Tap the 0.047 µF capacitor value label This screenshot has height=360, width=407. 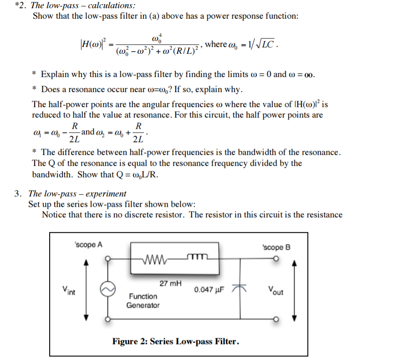click(209, 290)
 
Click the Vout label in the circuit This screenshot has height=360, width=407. click(275, 290)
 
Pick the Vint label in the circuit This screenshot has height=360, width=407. click(69, 290)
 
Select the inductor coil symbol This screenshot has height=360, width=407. click(198, 259)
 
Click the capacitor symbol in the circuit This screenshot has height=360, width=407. click(240, 288)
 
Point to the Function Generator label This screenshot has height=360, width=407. click(143, 301)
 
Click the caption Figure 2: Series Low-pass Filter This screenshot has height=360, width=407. click(176, 341)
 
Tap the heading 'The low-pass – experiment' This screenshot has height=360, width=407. click(77, 194)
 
